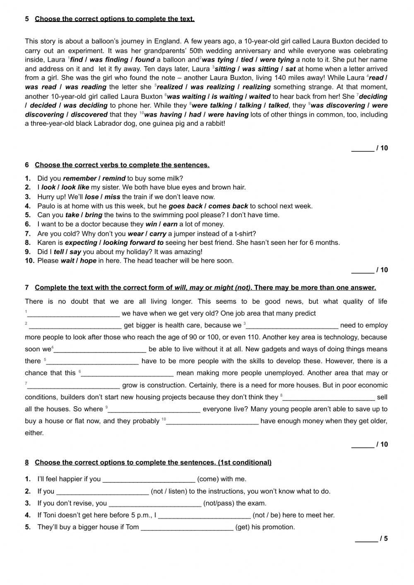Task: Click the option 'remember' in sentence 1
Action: (79, 178)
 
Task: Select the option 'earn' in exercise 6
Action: (170, 224)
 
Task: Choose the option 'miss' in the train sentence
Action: (112, 197)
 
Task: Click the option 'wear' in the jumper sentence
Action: (136, 233)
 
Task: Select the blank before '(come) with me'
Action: (149, 480)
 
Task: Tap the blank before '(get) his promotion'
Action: (187, 527)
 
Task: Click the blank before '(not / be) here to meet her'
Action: (205, 515)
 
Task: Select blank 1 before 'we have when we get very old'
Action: (73, 314)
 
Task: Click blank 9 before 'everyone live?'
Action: (154, 410)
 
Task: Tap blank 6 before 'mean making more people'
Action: (128, 374)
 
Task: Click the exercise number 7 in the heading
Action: (27, 288)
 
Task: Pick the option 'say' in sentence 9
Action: (75, 252)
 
